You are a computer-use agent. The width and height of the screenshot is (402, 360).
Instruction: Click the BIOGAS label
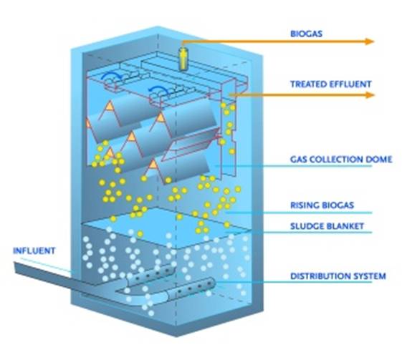(306, 34)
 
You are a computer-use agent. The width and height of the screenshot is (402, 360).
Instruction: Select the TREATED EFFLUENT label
(331, 84)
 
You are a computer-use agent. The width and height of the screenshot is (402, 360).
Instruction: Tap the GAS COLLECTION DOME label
(341, 160)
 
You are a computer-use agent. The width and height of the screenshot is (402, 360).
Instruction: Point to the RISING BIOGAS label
(322, 205)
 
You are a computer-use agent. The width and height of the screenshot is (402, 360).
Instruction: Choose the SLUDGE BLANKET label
(327, 226)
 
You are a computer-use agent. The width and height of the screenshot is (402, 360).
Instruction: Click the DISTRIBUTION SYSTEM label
(338, 276)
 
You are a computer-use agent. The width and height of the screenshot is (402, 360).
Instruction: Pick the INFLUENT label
(34, 250)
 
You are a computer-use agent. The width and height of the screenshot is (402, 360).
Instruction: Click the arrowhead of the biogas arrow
(370, 42)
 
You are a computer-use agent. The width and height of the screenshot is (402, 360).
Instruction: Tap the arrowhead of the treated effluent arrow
(370, 95)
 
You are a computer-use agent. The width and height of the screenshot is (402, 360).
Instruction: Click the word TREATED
(308, 84)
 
